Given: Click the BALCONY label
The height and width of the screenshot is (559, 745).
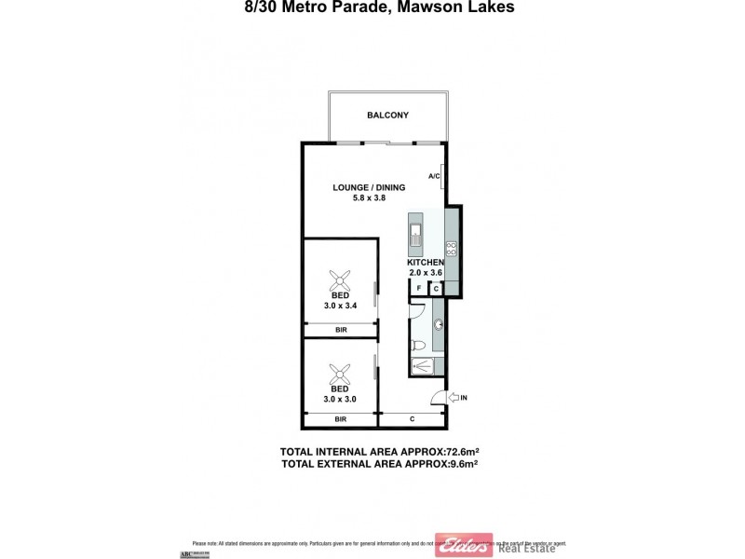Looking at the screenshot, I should (388, 116).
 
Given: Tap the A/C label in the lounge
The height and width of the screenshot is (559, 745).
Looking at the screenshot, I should (433, 176).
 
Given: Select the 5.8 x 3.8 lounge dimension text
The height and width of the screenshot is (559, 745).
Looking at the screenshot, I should (369, 198).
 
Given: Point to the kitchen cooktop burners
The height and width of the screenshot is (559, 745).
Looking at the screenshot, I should (451, 247).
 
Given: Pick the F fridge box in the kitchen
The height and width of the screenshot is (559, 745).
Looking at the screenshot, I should (419, 289).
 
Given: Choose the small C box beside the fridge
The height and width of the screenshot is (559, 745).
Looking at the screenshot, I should (436, 289).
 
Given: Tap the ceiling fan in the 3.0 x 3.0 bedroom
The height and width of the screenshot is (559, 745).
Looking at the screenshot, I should (340, 373).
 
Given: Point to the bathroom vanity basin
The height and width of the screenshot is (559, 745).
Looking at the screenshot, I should (437, 324).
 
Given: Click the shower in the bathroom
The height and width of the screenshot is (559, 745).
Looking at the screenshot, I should (427, 366).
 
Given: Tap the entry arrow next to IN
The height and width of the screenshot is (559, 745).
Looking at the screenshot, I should (454, 399).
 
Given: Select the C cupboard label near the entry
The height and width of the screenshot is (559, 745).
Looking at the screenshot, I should (412, 419).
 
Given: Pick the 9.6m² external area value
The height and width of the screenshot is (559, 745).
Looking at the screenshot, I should (463, 463).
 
